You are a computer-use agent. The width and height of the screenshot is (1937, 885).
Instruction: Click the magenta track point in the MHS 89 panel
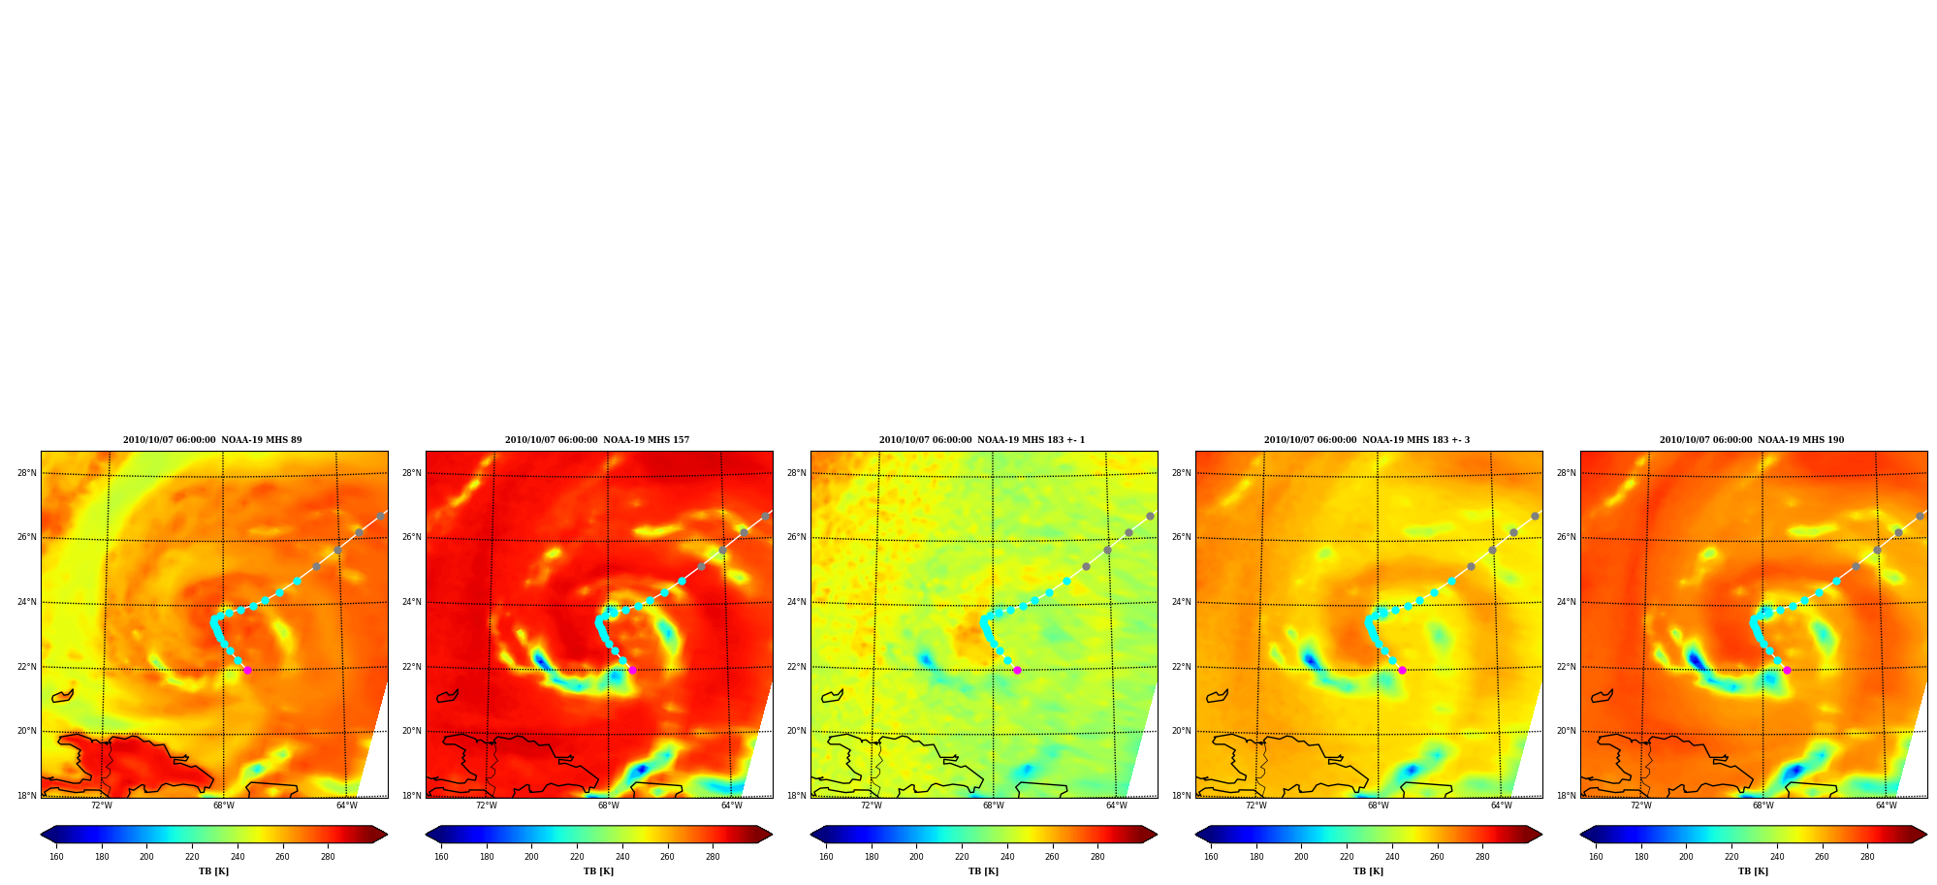(x=247, y=670)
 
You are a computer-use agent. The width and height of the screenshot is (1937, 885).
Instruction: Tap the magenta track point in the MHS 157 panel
(x=632, y=670)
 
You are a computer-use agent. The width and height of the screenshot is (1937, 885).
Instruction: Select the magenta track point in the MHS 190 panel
(x=1787, y=670)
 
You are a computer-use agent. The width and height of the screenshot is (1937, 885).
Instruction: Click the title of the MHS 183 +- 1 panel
(x=982, y=440)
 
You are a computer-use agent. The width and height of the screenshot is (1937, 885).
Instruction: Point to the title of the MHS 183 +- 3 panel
(x=1367, y=440)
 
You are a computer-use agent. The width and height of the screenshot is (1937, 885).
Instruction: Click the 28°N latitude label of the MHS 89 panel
(x=27, y=473)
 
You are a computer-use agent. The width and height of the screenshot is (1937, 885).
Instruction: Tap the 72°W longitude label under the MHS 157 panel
(x=486, y=806)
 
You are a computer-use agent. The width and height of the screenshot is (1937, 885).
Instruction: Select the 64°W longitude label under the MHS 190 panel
(x=1886, y=806)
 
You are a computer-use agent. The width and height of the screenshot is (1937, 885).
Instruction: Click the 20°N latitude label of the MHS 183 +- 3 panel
(x=1182, y=731)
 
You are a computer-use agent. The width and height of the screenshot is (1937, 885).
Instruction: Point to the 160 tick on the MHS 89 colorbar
(x=56, y=857)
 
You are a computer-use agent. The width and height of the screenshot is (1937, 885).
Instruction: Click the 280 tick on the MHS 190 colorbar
(x=1867, y=857)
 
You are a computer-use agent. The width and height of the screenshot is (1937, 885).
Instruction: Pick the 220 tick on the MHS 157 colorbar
(x=577, y=857)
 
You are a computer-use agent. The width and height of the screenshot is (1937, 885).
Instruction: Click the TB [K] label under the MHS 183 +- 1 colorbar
(x=983, y=871)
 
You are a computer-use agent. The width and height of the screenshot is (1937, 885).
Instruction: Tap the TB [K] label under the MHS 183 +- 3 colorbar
(x=1368, y=871)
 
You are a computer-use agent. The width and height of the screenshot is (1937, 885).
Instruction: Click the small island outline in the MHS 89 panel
(x=63, y=695)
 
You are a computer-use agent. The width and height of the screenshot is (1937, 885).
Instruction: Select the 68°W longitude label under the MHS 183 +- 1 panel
(x=993, y=806)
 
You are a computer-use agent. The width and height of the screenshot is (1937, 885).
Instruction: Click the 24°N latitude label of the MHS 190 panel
(x=1567, y=602)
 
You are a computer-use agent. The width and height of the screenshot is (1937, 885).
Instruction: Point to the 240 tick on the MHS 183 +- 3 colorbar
(x=1392, y=857)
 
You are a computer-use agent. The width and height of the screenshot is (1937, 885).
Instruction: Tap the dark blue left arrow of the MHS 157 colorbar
(x=433, y=835)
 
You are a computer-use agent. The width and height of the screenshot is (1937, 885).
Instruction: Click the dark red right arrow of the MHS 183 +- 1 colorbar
(x=1149, y=835)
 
